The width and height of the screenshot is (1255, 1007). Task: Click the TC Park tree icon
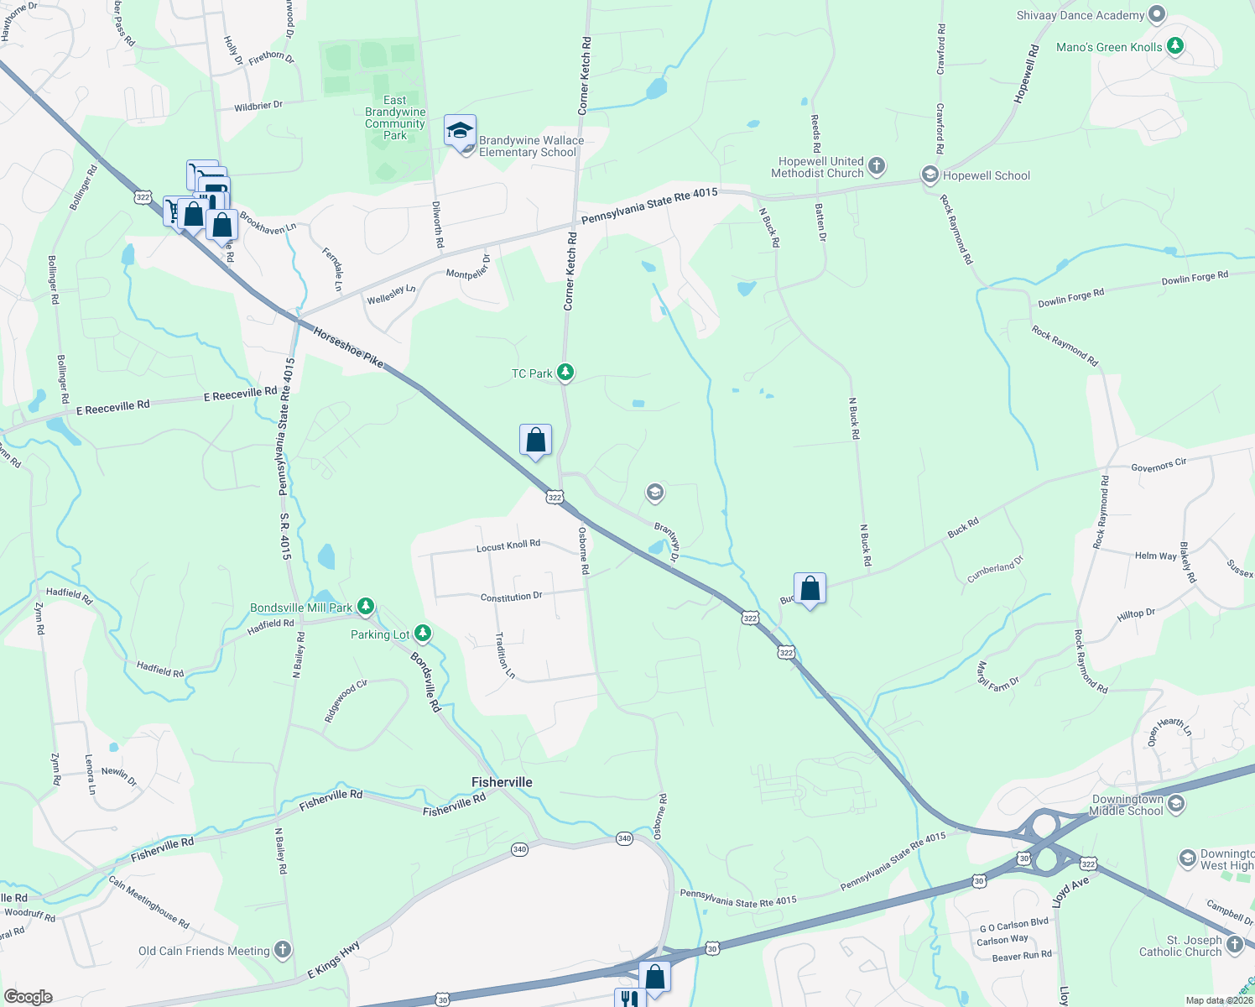565,373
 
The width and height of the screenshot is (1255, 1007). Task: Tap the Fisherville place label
502,782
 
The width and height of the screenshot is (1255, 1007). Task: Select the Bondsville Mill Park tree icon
365,607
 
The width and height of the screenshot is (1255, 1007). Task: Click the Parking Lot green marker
423,634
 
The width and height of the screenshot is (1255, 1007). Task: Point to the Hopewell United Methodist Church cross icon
876,165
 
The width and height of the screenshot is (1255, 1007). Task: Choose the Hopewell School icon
930,175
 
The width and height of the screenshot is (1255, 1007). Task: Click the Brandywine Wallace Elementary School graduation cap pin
460,132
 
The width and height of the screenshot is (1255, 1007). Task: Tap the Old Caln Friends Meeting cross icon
283,950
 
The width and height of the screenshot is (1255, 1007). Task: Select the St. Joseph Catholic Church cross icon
1234,944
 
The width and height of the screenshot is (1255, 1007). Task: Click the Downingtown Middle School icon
1176,805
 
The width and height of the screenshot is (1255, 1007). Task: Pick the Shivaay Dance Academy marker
1157,14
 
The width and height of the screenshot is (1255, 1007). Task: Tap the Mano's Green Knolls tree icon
1175,46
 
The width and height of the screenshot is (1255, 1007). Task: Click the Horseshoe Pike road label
348,347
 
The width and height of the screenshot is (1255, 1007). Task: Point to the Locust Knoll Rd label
508,546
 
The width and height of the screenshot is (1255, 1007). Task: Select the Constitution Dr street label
511,597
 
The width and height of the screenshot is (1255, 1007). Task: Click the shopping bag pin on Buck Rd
810,589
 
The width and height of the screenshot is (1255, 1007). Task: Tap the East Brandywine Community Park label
395,117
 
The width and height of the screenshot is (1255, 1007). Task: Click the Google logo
29,997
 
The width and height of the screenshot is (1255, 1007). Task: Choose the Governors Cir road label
1159,465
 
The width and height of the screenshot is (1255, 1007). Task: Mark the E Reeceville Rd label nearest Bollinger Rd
112,408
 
